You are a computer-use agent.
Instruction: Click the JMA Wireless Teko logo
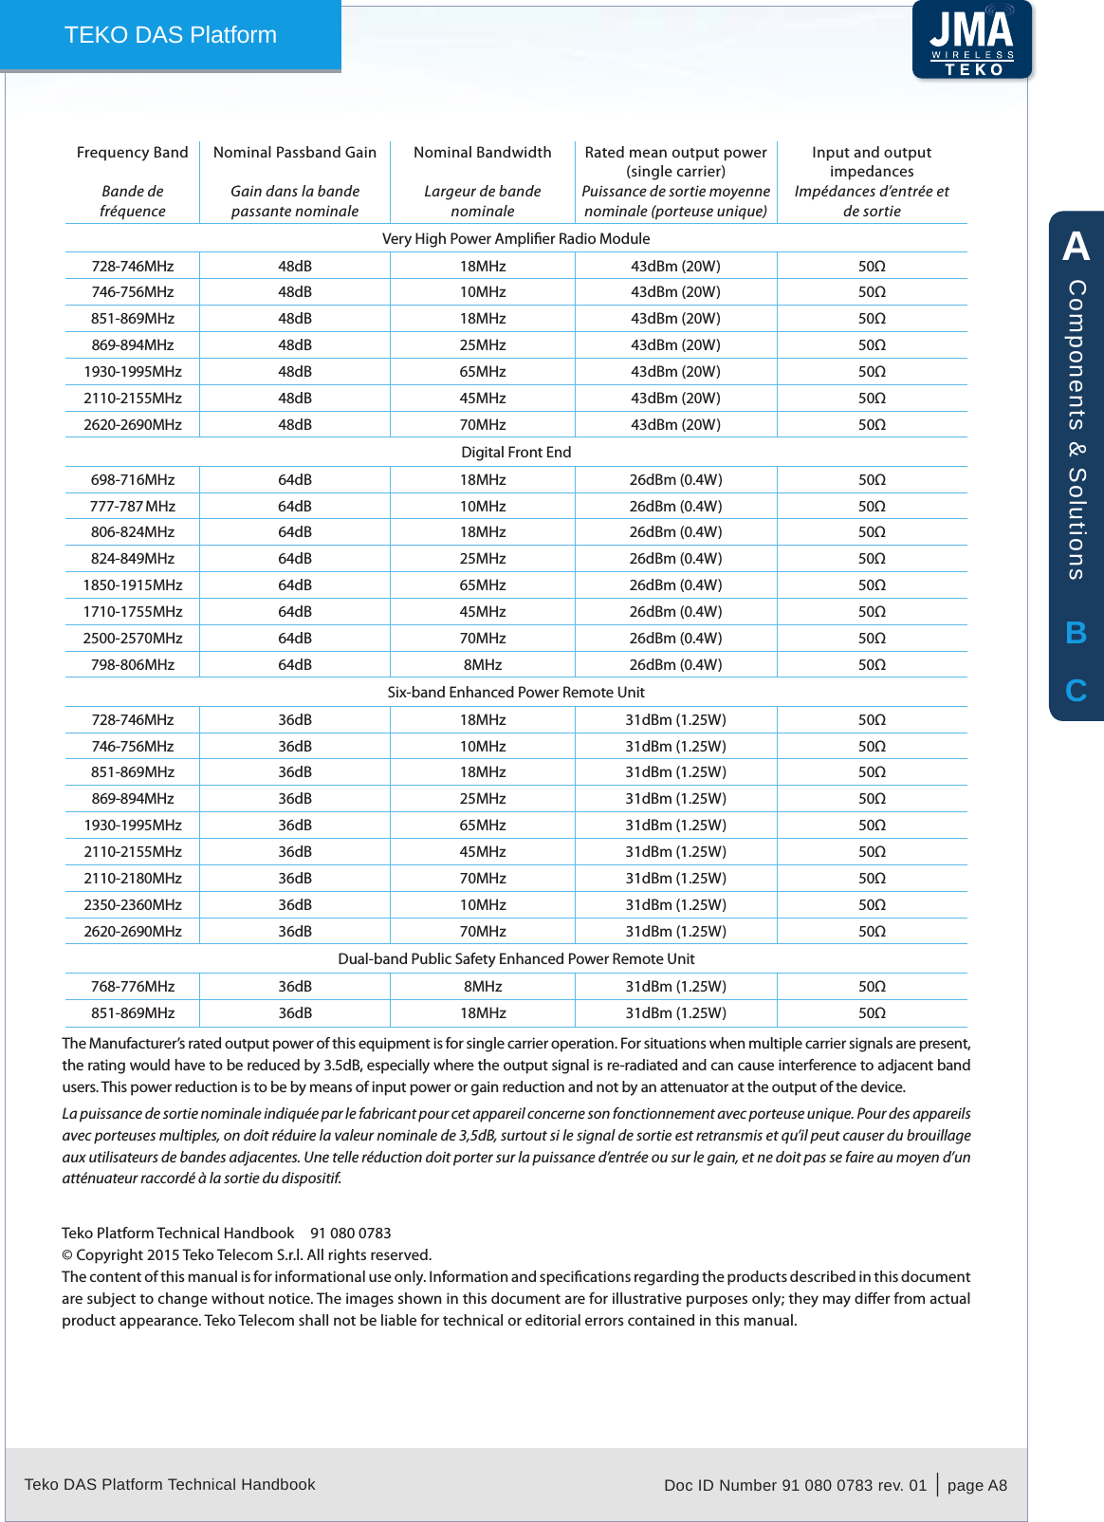point(971,41)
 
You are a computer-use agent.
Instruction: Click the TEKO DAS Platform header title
point(171,35)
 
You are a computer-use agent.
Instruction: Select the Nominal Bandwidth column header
point(482,153)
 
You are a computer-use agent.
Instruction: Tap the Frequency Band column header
point(132,153)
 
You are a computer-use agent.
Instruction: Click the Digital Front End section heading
point(516,453)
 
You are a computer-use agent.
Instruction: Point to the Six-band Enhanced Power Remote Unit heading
point(516,693)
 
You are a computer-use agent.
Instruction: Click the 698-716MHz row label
point(133,480)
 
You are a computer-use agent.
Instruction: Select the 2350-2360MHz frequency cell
point(133,905)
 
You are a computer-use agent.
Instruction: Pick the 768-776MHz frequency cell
point(133,987)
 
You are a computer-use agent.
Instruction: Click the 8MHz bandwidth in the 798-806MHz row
point(483,665)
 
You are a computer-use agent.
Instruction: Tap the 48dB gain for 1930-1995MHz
point(295,372)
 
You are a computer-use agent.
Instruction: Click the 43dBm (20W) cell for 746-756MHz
point(675,292)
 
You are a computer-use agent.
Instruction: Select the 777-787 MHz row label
point(133,507)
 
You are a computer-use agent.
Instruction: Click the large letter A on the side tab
point(1076,247)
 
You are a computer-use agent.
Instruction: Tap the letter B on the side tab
point(1076,633)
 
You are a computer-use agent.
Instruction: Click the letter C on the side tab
point(1076,691)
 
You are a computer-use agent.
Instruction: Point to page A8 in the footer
point(977,1485)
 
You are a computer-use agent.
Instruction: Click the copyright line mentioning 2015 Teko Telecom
point(247,1255)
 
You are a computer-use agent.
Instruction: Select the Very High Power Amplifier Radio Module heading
point(516,239)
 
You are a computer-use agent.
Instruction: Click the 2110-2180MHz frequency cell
point(133,879)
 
